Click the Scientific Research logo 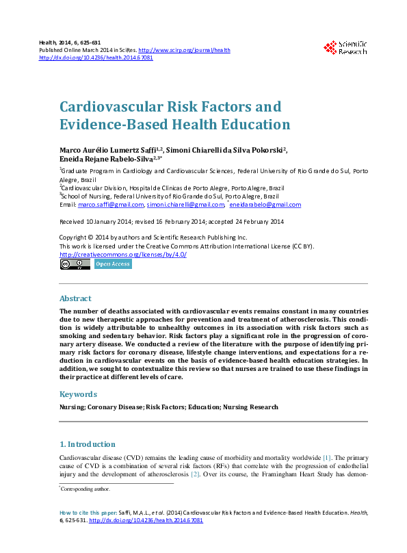345,47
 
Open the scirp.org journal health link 184,50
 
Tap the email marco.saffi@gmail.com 111,205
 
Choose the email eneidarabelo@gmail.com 265,205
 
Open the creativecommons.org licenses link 123,255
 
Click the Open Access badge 113,263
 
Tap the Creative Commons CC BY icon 75,263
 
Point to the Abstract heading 75,298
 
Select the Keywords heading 79,394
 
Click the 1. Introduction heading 88,443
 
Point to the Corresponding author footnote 86,489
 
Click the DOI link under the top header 96,58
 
